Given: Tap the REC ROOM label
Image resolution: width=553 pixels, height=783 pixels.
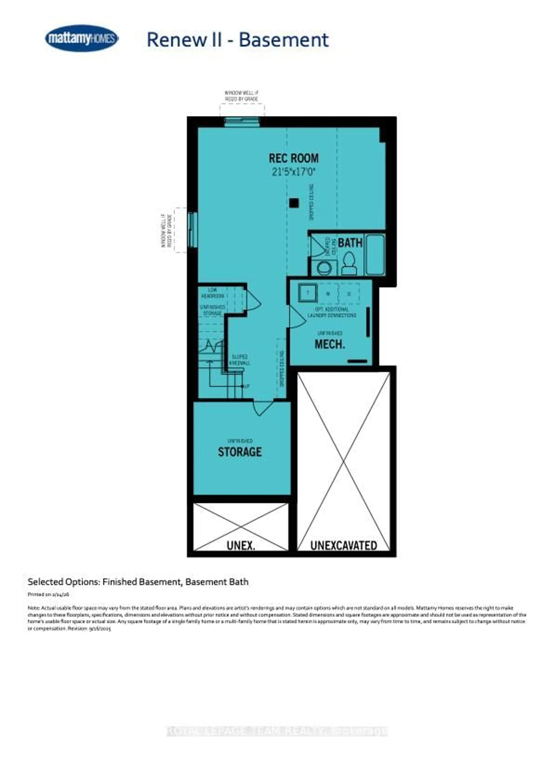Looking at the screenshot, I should pyautogui.click(x=293, y=158).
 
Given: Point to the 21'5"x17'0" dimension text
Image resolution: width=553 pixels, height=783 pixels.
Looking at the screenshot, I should pyautogui.click(x=293, y=172).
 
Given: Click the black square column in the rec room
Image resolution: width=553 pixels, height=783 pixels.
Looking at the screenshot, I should pyautogui.click(x=294, y=203).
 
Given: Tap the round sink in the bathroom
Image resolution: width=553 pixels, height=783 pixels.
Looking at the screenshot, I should pyautogui.click(x=323, y=268).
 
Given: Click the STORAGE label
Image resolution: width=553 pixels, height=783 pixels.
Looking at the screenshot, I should pyautogui.click(x=240, y=452).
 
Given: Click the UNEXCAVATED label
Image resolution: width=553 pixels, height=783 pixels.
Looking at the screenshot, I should pyautogui.click(x=343, y=545).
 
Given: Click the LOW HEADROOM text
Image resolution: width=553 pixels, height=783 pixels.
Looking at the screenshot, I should pyautogui.click(x=212, y=293).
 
